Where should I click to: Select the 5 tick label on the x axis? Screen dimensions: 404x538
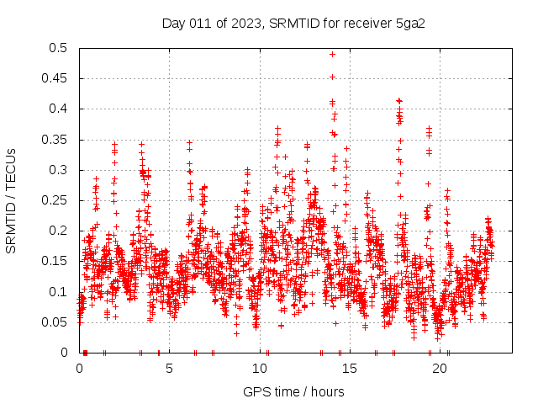pyautogui.click(x=170, y=368)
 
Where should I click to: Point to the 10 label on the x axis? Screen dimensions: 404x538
pyautogui.click(x=260, y=368)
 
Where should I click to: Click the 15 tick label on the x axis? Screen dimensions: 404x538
pyautogui.click(x=350, y=368)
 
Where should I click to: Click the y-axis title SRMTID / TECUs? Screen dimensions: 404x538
pyautogui.click(x=12, y=200)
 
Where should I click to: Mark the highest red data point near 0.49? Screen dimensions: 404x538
pyautogui.click(x=332, y=54)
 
